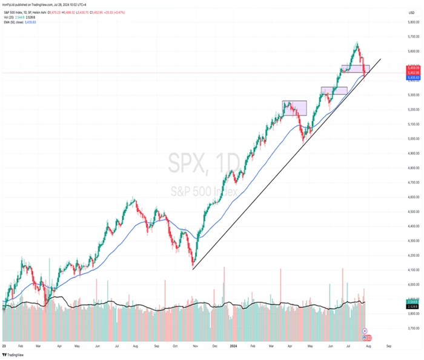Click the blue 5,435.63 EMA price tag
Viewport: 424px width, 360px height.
tap(414, 78)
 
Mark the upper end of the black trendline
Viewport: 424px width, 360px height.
tap(380, 59)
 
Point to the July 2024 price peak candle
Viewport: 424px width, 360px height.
tap(357, 44)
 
